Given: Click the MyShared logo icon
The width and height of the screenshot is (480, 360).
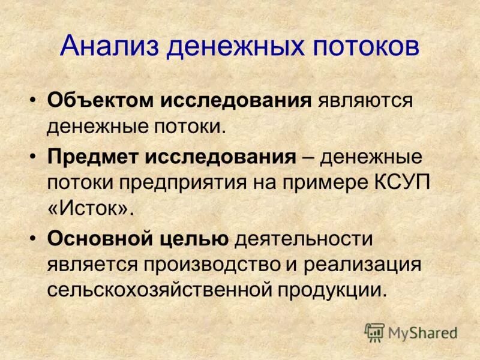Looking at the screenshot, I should point(374,332).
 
